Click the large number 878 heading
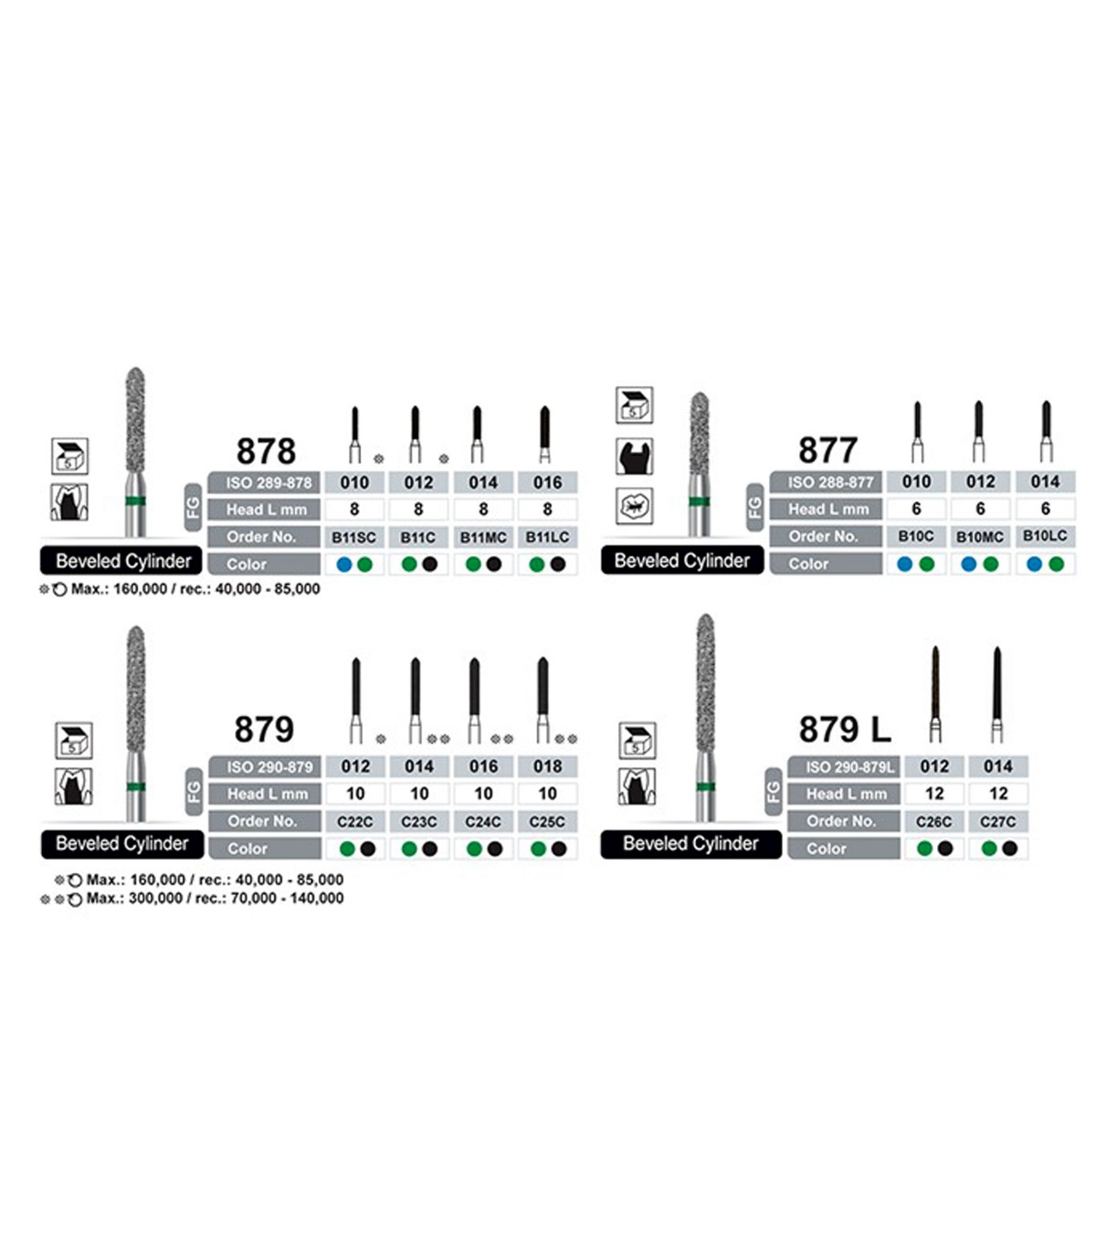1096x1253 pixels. pyautogui.click(x=266, y=451)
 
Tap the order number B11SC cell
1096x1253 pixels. pyautogui.click(x=353, y=537)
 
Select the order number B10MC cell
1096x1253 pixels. pyautogui.click(x=980, y=536)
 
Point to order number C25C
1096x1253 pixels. pyautogui.click(x=547, y=821)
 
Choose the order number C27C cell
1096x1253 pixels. pyautogui.click(x=998, y=821)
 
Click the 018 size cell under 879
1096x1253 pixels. pyautogui.click(x=547, y=766)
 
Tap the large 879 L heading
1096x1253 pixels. pyautogui.click(x=844, y=730)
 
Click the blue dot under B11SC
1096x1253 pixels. pyautogui.click(x=344, y=564)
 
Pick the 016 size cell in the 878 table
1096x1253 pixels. pyautogui.click(x=547, y=482)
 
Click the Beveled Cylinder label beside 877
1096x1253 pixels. pyautogui.click(x=681, y=561)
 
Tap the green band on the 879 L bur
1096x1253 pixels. pyautogui.click(x=705, y=786)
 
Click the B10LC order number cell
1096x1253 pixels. pyautogui.click(x=1045, y=536)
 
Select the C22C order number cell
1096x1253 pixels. pyautogui.click(x=355, y=821)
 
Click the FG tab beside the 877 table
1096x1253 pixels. pyautogui.click(x=755, y=507)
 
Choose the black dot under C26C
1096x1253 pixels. pyautogui.click(x=945, y=848)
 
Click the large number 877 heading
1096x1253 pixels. pyautogui.click(x=827, y=450)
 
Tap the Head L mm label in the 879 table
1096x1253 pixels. pyautogui.click(x=267, y=794)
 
